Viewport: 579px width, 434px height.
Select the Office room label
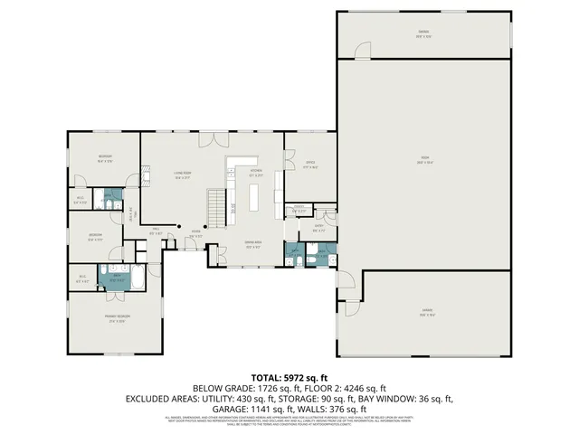[x=308, y=165]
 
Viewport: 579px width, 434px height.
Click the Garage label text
[x=425, y=313]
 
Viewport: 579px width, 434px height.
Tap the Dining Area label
[x=254, y=246]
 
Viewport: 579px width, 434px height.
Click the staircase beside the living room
[x=217, y=211]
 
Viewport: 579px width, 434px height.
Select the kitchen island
[x=254, y=198]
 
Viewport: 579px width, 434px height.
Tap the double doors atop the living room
[x=214, y=140]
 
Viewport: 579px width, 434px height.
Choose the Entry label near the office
[x=318, y=228]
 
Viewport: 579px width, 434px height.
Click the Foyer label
[x=195, y=237]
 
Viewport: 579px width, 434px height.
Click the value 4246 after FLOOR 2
[x=354, y=387]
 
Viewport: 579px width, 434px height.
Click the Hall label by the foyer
[x=155, y=231]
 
